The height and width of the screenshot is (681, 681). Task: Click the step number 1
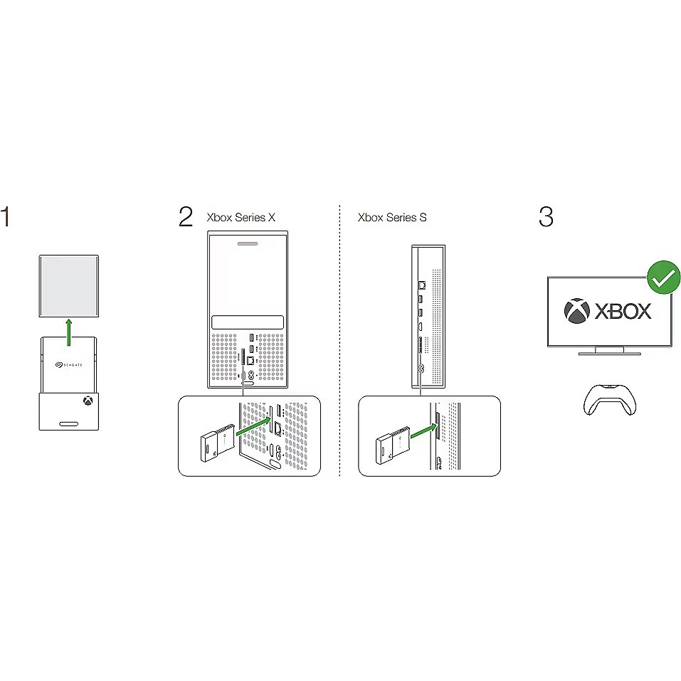[5, 217]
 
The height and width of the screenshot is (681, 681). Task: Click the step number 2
[186, 217]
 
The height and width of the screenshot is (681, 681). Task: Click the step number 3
[546, 217]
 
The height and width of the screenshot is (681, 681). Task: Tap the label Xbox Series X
[241, 217]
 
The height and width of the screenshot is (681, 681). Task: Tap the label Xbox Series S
[392, 217]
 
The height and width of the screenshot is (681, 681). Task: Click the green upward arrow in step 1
[68, 332]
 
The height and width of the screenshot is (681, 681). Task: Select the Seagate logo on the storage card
[68, 365]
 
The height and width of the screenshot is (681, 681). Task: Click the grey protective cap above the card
[68, 286]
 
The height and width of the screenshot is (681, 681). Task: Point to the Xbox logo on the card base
[88, 401]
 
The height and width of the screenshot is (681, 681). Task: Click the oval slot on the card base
[68, 423]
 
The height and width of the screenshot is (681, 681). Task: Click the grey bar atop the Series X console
[248, 243]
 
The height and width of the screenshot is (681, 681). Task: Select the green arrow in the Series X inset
[253, 426]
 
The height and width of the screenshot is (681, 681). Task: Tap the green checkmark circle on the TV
[663, 277]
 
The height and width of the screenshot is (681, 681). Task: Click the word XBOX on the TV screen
[623, 311]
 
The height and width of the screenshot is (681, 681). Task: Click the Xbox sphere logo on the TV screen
[577, 311]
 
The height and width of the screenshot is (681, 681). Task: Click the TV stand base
[610, 354]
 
